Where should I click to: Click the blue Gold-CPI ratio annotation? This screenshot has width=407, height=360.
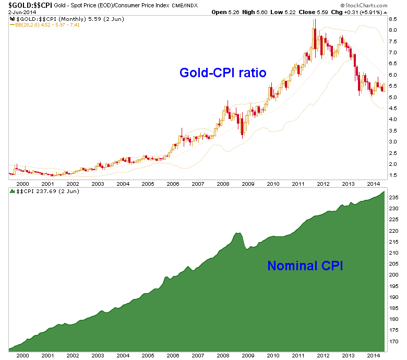click(223, 73)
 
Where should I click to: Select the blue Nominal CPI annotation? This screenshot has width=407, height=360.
click(305, 266)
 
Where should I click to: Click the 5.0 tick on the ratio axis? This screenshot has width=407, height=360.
click(393, 98)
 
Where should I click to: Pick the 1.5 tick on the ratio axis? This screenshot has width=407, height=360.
click(393, 175)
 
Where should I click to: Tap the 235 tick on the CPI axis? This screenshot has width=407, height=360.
click(394, 198)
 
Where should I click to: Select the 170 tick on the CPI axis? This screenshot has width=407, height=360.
click(394, 341)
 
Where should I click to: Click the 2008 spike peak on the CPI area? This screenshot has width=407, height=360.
click(238, 233)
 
